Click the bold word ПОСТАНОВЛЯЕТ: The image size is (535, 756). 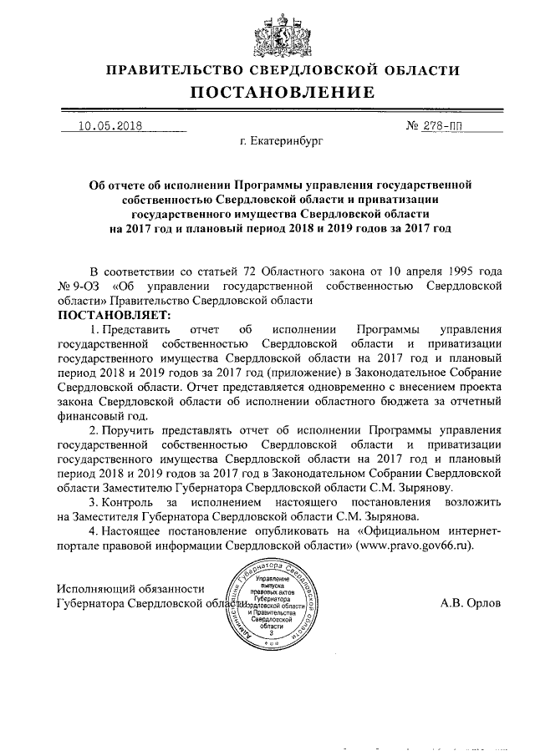click(112, 315)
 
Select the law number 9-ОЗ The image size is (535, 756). click(84, 286)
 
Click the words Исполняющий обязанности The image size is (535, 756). click(130, 587)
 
